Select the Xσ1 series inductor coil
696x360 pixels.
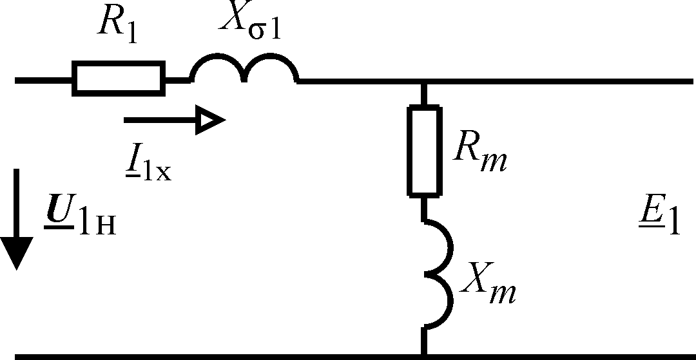pos(244,70)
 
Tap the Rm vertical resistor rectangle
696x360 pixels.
pos(423,151)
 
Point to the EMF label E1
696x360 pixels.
pos(657,223)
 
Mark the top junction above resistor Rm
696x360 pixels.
pos(423,82)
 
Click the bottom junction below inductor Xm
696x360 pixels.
pos(423,355)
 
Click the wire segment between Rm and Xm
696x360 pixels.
pos(423,207)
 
